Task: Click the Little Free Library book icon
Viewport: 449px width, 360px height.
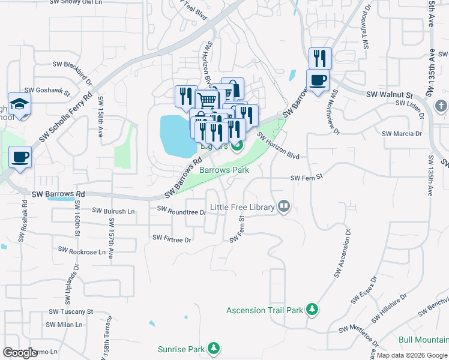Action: [x=284, y=208]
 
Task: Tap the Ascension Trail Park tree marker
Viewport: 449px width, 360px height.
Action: [x=312, y=310]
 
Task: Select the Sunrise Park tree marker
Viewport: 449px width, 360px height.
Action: [x=213, y=349]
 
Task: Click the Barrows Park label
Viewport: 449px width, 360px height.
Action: [x=224, y=170]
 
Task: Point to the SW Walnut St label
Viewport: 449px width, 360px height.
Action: [x=390, y=95]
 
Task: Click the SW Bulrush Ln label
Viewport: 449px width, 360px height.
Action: [x=113, y=211]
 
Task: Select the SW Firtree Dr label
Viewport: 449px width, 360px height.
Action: [x=171, y=238]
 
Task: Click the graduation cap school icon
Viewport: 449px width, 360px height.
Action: [x=19, y=103]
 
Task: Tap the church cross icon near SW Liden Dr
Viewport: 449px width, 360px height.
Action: [x=441, y=106]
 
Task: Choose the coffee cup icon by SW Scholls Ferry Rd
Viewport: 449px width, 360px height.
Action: [x=20, y=157]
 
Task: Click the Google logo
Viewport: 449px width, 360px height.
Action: [x=20, y=353]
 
